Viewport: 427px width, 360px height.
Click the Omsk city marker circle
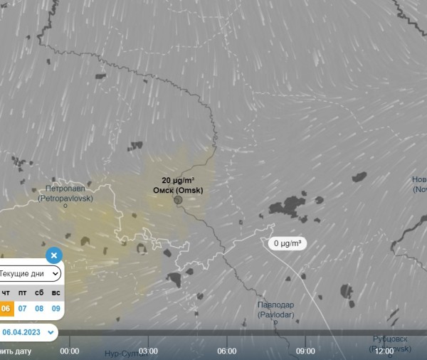coord(178,200)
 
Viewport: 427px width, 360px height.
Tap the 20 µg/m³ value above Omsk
coord(178,181)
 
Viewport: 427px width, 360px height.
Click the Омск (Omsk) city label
coord(178,191)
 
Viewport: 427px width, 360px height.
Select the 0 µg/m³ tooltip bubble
coord(288,243)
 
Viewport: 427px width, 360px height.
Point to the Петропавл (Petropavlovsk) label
coord(65,194)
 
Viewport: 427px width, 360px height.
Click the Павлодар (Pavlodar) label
coord(275,309)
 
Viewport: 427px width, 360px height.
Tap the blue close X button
coord(54,255)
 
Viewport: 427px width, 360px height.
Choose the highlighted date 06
coord(6,308)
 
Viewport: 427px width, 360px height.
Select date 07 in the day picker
coord(23,308)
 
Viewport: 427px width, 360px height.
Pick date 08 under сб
coord(39,308)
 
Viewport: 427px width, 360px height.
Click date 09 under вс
coord(56,308)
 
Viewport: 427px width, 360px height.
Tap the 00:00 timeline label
coord(70,351)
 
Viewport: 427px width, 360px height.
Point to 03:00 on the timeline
coord(148,351)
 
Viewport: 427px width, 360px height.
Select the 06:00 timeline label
coord(226,351)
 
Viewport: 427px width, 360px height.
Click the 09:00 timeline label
coord(305,351)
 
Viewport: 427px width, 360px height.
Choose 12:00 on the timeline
coord(384,351)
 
